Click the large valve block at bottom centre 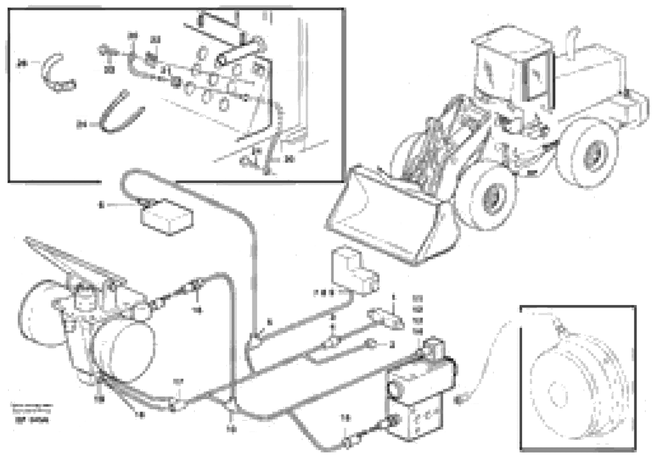coord(417,397)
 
